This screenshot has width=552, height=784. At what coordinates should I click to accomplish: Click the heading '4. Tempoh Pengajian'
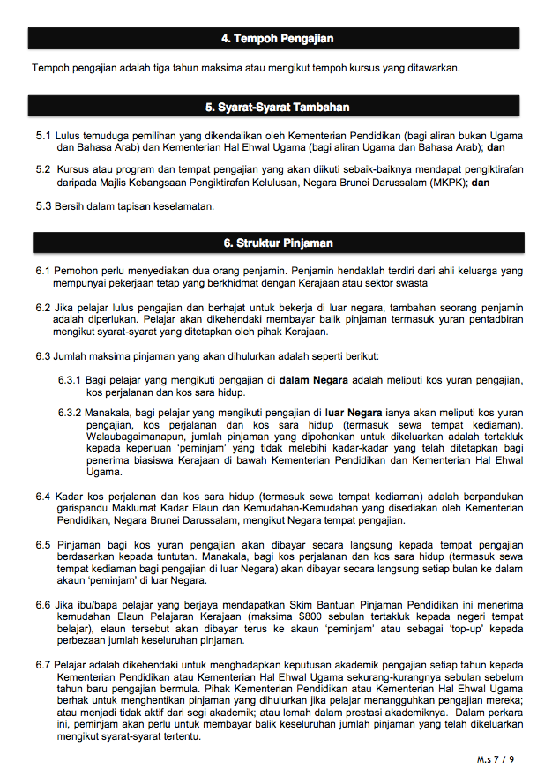tap(276, 39)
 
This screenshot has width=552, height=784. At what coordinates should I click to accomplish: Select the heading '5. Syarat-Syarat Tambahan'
tap(276, 108)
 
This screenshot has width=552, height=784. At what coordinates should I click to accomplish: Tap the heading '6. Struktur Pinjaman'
tap(276, 243)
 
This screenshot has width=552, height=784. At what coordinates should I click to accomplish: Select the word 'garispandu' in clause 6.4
tap(78, 509)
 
